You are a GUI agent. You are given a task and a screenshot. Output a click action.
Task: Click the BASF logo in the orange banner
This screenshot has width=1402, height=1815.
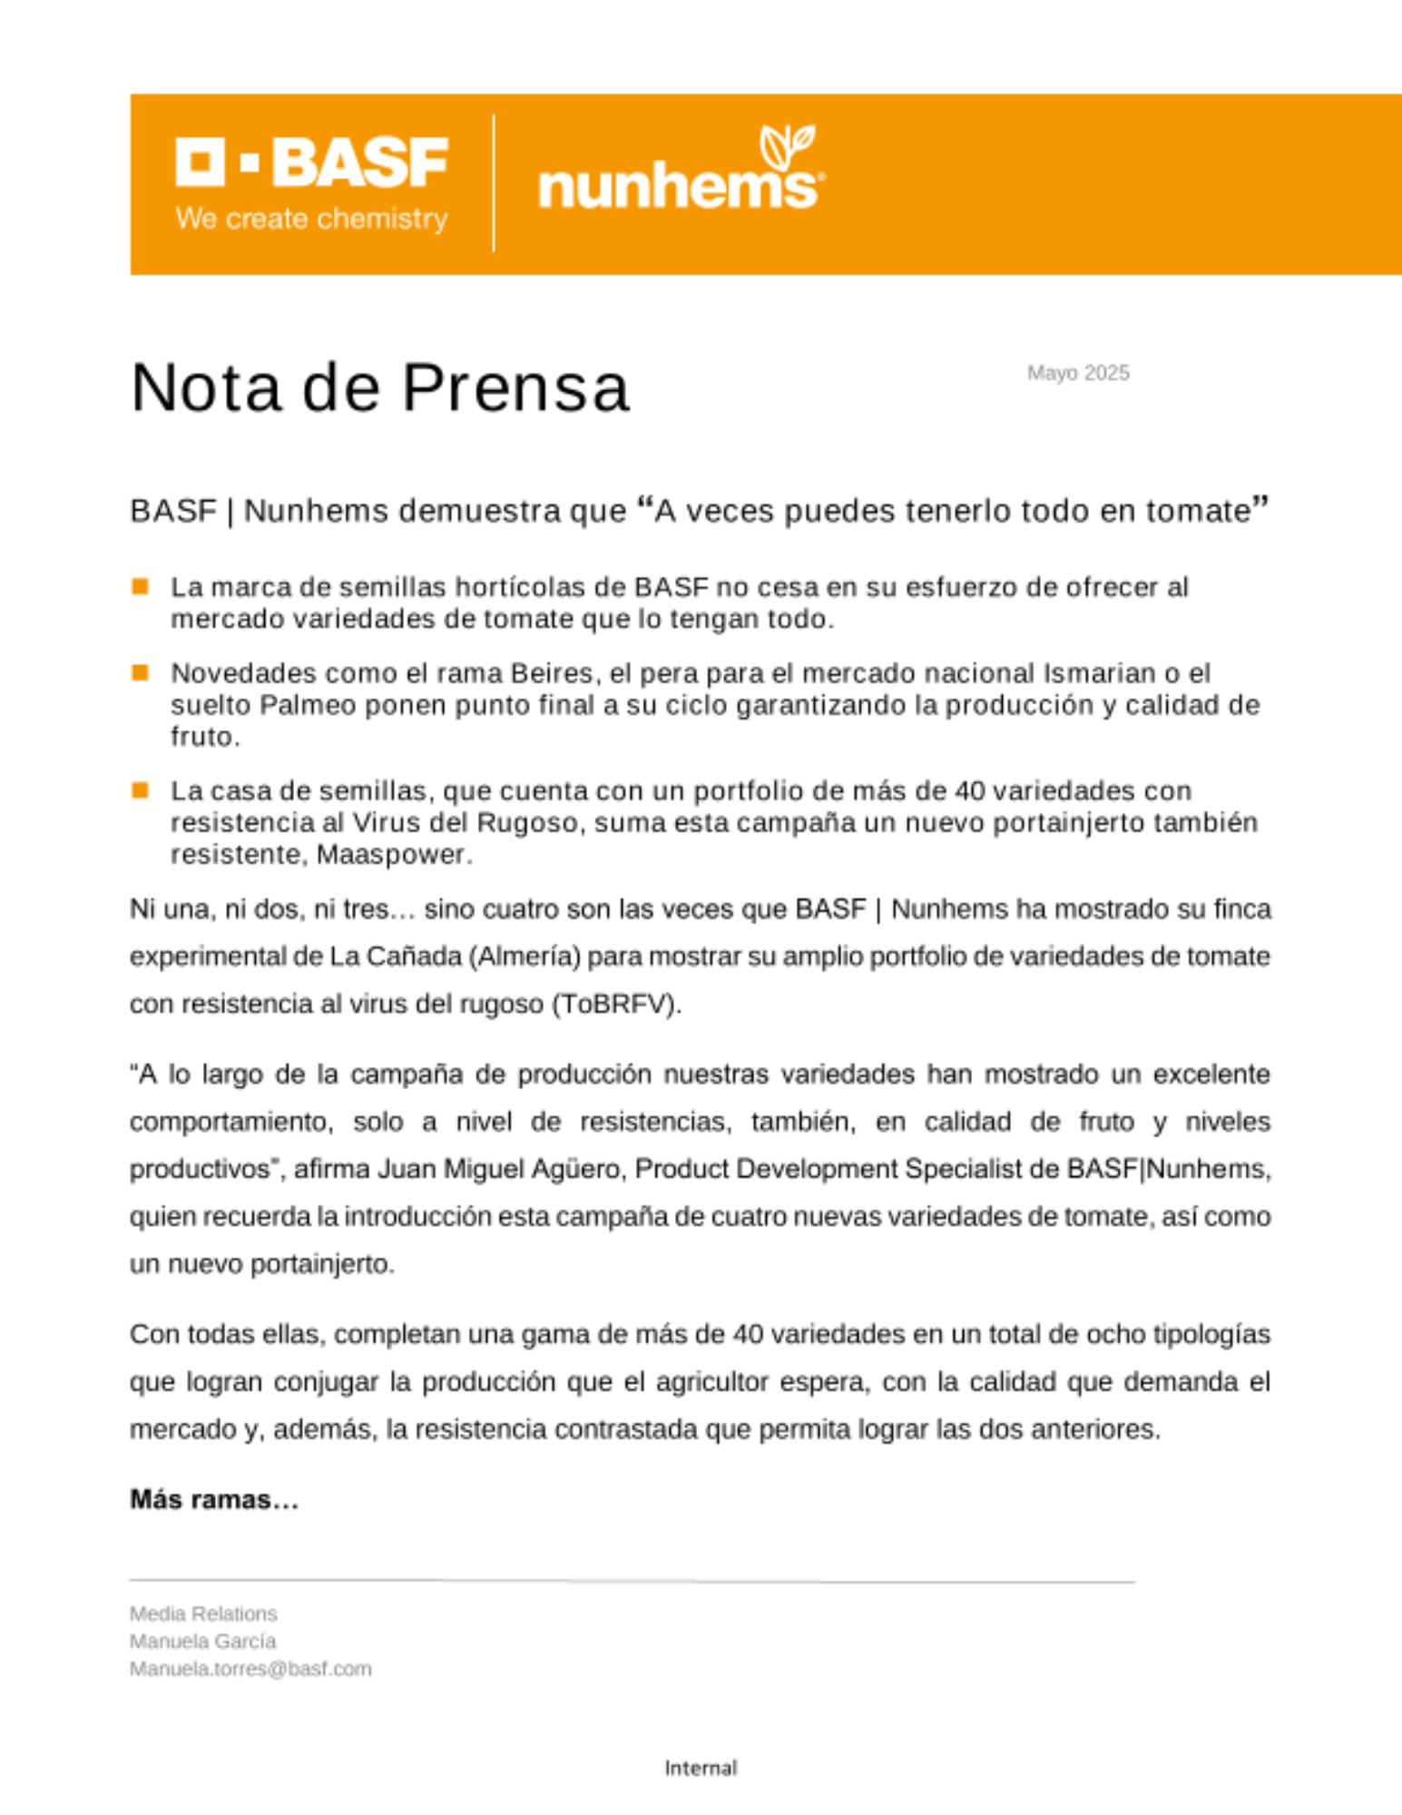coord(311,163)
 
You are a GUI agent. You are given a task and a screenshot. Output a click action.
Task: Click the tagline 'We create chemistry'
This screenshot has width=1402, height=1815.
coord(311,219)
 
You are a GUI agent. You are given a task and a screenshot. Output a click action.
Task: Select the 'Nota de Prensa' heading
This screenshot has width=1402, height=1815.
coord(379,388)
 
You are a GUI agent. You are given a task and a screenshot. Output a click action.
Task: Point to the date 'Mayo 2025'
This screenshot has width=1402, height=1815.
coord(1078,373)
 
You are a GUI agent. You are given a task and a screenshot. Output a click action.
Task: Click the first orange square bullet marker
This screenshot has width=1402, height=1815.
coord(140,586)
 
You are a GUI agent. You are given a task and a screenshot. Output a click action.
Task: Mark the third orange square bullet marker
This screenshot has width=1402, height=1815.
coord(140,790)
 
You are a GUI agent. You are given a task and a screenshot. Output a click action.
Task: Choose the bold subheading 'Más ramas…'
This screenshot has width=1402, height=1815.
coord(214,1500)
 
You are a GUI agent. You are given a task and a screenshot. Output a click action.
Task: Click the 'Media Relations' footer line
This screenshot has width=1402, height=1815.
coord(203,1614)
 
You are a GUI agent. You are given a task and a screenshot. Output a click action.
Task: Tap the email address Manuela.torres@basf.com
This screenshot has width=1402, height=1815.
coord(250,1669)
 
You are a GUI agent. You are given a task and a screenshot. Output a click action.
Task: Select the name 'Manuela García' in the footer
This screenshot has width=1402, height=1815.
coord(202,1641)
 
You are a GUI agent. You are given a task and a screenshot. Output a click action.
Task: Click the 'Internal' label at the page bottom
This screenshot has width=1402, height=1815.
coord(701,1768)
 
